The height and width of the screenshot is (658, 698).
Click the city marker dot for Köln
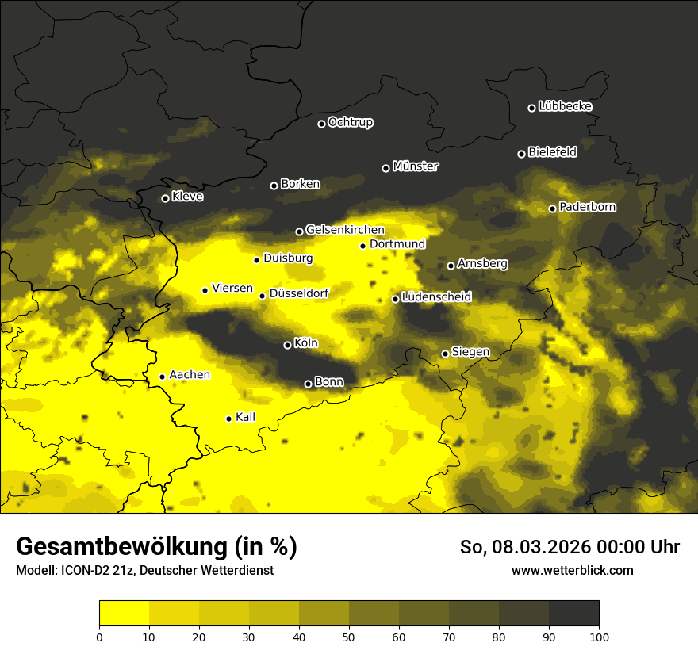[x=287, y=345]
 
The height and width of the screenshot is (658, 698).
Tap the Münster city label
[x=416, y=166]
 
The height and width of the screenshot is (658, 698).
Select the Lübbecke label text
[x=565, y=106]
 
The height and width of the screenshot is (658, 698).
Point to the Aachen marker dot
[x=162, y=377]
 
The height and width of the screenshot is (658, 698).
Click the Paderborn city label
[x=587, y=207]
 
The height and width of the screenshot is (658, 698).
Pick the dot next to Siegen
[x=445, y=354]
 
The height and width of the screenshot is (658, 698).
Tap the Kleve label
[x=187, y=197]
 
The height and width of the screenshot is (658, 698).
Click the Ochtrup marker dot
[x=321, y=124]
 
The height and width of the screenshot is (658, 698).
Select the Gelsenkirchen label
[x=345, y=230]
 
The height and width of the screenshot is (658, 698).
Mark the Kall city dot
[x=228, y=419]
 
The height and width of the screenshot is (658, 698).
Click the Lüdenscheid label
[x=436, y=297]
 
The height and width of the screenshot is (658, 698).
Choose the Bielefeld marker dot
[x=521, y=154]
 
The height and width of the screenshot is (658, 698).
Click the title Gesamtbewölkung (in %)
[x=156, y=547]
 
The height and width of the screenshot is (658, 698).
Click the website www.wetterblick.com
[x=572, y=570]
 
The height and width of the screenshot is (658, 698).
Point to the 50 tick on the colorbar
[x=349, y=636]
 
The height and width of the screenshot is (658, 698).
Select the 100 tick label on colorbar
[x=599, y=636]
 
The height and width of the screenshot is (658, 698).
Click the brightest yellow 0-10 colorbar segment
[x=124, y=614]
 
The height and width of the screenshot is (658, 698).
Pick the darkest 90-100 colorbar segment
[x=573, y=614]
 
